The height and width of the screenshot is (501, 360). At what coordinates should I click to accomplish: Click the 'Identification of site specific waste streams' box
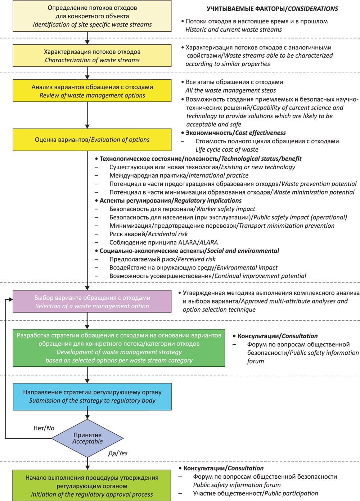(92, 16)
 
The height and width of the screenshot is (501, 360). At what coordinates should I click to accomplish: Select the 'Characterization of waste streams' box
(92, 55)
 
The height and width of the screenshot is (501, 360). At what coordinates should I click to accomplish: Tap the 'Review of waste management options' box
(92, 90)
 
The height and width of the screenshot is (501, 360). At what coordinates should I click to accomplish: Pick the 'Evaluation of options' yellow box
(92, 139)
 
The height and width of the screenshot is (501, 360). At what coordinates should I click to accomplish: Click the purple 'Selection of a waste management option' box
(92, 301)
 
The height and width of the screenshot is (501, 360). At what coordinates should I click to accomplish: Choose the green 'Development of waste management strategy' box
(119, 348)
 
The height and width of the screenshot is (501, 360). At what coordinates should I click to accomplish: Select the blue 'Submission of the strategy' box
(92, 397)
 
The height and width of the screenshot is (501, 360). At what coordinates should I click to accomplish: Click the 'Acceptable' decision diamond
(87, 438)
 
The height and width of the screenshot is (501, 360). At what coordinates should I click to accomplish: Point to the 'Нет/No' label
(44, 428)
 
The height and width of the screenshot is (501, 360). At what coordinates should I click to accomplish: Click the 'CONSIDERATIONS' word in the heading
(313, 9)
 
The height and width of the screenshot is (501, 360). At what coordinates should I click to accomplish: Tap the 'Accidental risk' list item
(168, 234)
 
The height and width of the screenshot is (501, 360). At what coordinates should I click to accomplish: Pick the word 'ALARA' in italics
(208, 242)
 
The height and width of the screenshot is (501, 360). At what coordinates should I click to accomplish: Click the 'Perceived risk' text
(197, 259)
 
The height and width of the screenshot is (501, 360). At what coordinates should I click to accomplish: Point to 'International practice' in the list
(219, 175)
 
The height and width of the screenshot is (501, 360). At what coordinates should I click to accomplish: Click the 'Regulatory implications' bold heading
(208, 201)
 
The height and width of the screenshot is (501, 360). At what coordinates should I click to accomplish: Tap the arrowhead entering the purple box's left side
(11, 299)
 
